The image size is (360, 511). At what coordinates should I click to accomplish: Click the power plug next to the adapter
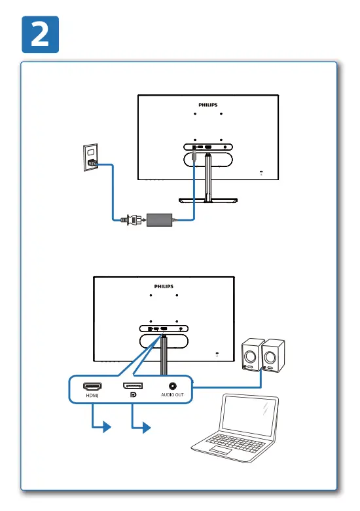pos(128,221)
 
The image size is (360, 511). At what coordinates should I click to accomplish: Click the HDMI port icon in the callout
pos(92,387)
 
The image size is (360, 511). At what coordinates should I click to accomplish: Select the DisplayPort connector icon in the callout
pos(133,387)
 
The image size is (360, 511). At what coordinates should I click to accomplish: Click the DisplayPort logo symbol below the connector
pos(133,396)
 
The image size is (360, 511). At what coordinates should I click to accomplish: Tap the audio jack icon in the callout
pos(173,387)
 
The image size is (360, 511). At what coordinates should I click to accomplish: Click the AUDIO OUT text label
pos(173,396)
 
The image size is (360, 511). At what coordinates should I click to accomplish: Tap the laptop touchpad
pos(220,452)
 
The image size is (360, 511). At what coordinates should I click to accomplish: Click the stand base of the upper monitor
pos(207,201)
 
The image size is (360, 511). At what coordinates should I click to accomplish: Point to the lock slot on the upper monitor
pos(261,172)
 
